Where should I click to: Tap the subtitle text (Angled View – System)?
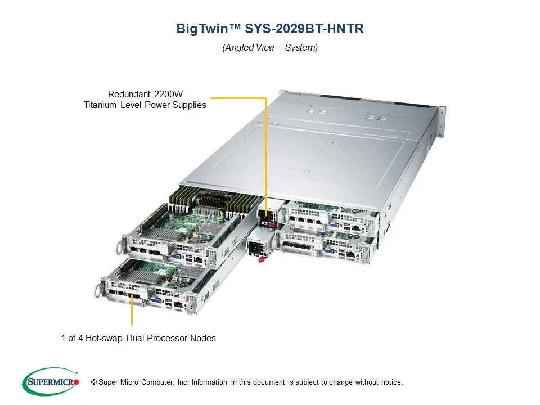pyautogui.click(x=270, y=48)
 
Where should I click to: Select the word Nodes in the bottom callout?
pyautogui.click(x=203, y=338)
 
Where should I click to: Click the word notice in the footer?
pyautogui.click(x=391, y=382)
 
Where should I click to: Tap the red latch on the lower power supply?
pyautogui.click(x=260, y=259)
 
